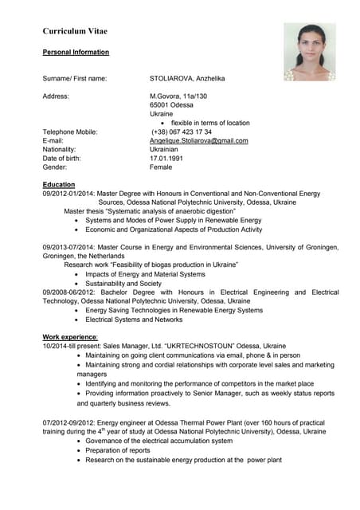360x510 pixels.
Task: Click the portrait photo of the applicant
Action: coord(310,51)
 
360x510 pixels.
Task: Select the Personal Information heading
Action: coord(76,52)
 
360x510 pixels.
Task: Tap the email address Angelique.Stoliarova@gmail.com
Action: coord(199,140)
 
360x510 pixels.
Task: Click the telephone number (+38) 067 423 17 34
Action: coord(182,131)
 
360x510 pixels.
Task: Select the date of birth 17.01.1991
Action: coord(166,158)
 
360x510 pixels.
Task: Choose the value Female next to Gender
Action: coord(161,167)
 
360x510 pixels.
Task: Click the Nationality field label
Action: coord(59,149)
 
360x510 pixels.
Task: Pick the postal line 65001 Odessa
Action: coord(171,104)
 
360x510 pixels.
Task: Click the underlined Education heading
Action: coord(59,184)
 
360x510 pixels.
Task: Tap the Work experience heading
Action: coord(70,337)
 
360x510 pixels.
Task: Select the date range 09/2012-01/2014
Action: coord(68,194)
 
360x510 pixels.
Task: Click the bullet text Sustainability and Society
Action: coord(123,283)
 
